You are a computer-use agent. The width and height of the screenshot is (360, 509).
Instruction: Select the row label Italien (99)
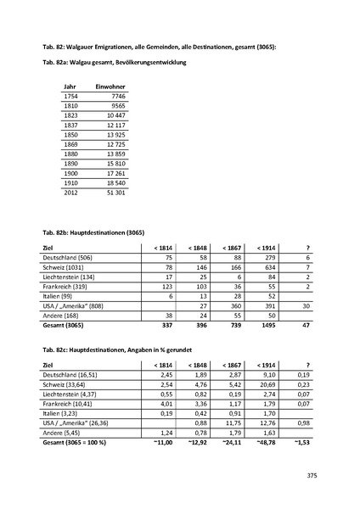tap(59, 297)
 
